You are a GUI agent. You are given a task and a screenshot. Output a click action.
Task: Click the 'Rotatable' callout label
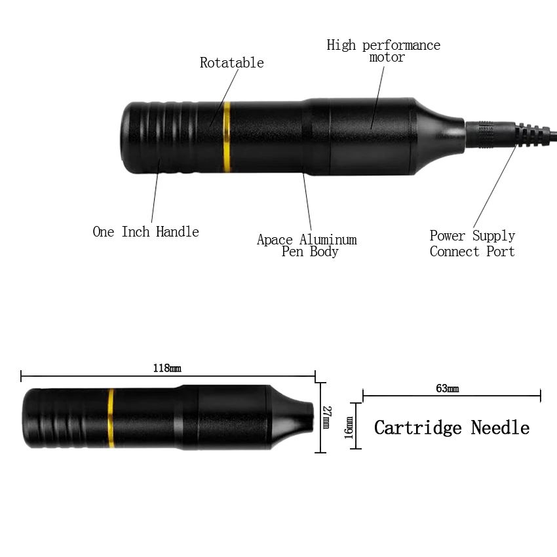[x=231, y=63]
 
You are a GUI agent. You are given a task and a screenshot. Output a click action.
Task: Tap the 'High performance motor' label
[x=383, y=51]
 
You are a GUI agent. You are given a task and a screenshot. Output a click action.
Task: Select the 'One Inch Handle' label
[x=145, y=231]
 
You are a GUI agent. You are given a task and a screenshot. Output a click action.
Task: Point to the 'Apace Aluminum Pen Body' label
[x=307, y=245]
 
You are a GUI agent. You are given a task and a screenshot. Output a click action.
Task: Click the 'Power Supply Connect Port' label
[x=472, y=243]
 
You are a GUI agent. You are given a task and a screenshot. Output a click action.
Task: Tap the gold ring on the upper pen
[x=227, y=136]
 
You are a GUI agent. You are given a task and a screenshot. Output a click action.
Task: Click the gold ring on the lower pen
[x=111, y=418]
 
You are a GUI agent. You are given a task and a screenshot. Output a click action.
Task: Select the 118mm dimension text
[x=166, y=368]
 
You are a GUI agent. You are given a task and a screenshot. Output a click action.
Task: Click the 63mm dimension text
[x=447, y=389]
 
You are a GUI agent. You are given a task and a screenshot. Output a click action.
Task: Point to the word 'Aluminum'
[x=328, y=240]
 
